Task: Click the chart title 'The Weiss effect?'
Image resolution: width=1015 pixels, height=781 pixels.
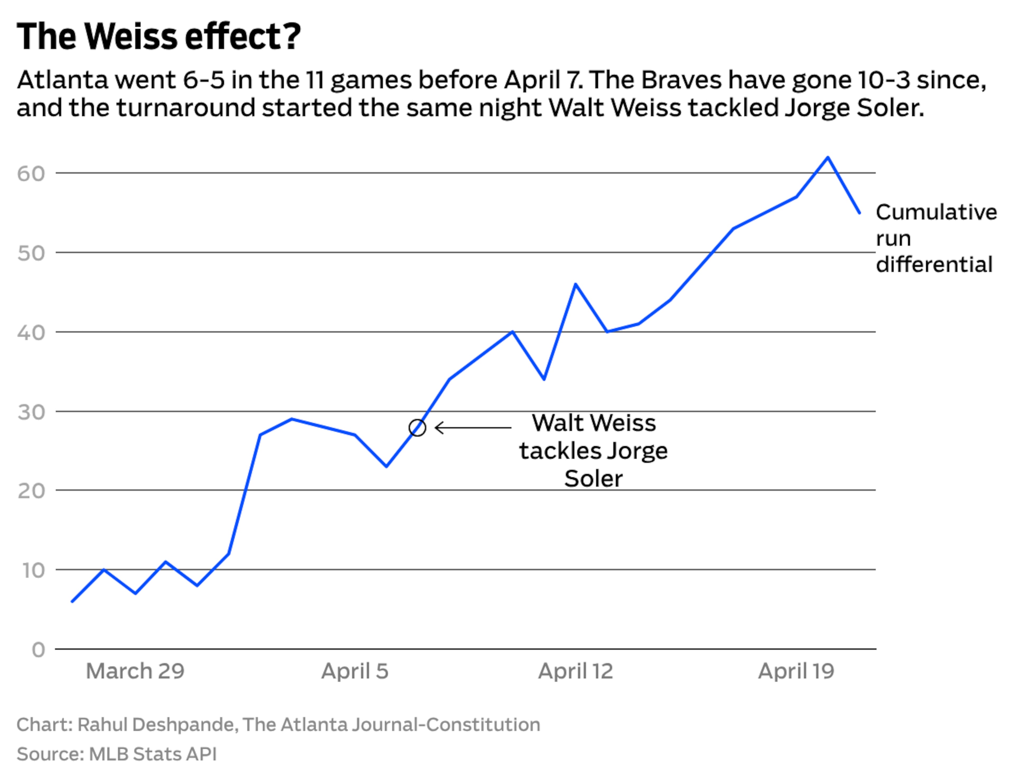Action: (159, 36)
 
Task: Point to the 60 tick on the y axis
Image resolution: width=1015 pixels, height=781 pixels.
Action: (31, 174)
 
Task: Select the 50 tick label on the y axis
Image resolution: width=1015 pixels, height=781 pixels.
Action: (31, 253)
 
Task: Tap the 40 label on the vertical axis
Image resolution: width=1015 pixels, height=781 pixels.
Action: (31, 333)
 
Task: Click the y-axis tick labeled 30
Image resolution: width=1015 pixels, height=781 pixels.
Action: (31, 412)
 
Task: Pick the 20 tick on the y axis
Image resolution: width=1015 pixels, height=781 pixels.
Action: (31, 491)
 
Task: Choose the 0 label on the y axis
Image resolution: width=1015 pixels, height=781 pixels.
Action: (39, 649)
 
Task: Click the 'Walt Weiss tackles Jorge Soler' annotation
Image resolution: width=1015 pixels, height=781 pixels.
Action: (593, 451)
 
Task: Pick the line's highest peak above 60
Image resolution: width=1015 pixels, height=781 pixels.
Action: (828, 158)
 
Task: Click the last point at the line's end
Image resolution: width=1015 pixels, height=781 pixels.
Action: (859, 213)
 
